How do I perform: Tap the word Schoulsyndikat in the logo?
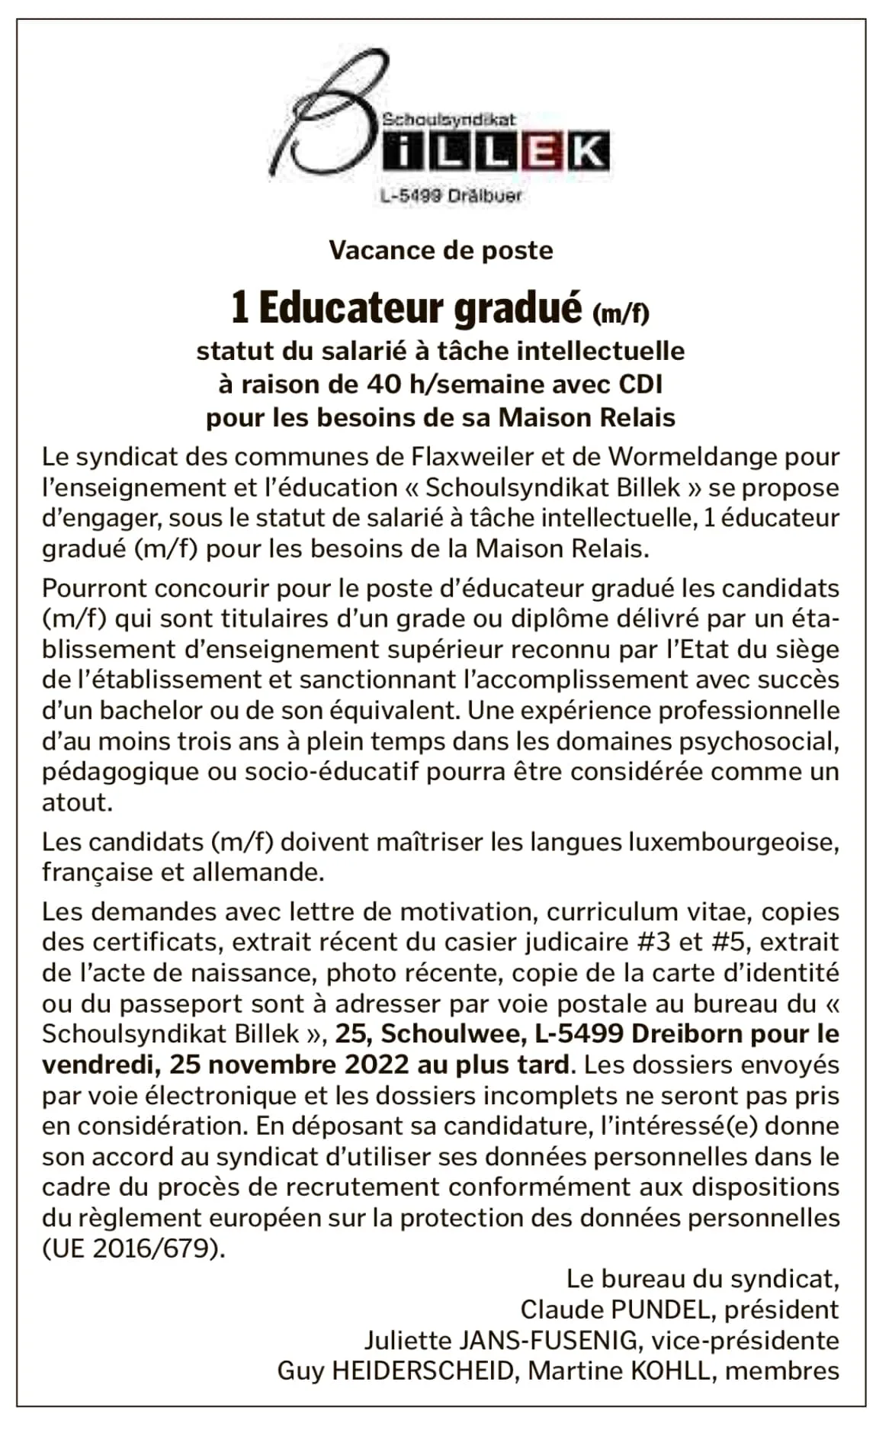click(448, 120)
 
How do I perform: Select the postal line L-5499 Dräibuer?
click(451, 196)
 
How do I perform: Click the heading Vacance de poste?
click(441, 250)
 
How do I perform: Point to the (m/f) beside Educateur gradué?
click(621, 311)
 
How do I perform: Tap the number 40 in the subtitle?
click(382, 384)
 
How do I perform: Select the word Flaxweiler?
click(473, 457)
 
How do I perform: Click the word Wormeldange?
click(691, 457)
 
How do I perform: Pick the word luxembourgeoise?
click(733, 842)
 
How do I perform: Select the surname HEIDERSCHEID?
click(423, 1370)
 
